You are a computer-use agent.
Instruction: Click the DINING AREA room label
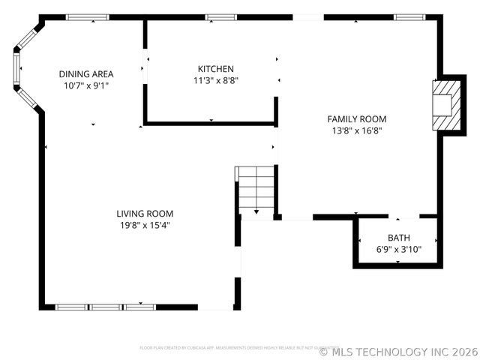tap(86, 73)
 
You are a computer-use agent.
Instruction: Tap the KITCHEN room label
tap(216, 68)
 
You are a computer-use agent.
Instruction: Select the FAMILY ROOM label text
tap(357, 118)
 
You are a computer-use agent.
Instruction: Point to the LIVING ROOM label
tap(145, 214)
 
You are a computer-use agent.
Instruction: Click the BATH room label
tap(399, 238)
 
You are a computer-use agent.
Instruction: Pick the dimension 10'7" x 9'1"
tap(86, 85)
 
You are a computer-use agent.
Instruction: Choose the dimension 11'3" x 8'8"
tap(216, 80)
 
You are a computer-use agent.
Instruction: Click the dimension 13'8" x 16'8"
tap(357, 130)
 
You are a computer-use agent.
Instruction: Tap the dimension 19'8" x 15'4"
tap(145, 225)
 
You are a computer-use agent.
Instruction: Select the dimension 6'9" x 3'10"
tap(399, 250)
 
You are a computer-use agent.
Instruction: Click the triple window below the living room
tap(105, 307)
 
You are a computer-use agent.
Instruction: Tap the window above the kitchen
tap(221, 17)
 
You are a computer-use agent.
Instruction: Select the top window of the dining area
tap(82, 17)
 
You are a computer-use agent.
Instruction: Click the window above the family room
tap(410, 17)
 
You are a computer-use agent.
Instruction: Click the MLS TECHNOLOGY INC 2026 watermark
tap(398, 351)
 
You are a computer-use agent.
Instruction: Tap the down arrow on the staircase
tap(256, 212)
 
